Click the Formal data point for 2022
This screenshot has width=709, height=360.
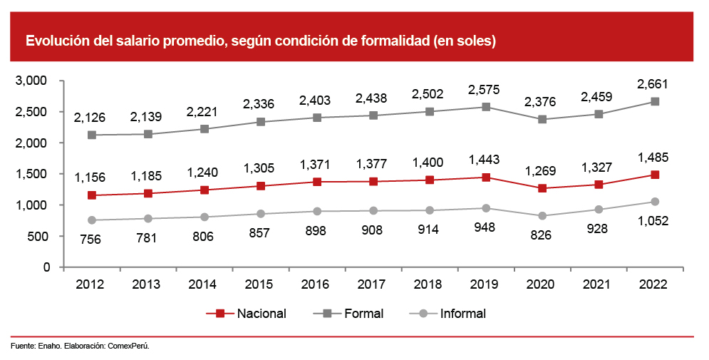(x=654, y=101)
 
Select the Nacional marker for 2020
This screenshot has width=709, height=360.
(x=542, y=188)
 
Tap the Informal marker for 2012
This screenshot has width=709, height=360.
(x=91, y=220)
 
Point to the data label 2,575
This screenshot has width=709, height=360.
(x=485, y=90)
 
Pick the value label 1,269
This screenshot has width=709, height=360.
(x=542, y=171)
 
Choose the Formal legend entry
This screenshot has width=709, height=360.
(x=351, y=313)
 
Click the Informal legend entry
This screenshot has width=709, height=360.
(x=452, y=313)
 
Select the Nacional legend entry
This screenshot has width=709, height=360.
(x=250, y=313)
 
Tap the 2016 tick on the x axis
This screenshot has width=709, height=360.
(x=316, y=284)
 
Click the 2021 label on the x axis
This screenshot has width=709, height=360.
(x=598, y=284)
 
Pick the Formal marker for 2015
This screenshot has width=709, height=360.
(x=260, y=122)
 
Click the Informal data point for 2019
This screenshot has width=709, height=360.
(x=485, y=208)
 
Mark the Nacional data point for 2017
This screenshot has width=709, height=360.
(x=373, y=181)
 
